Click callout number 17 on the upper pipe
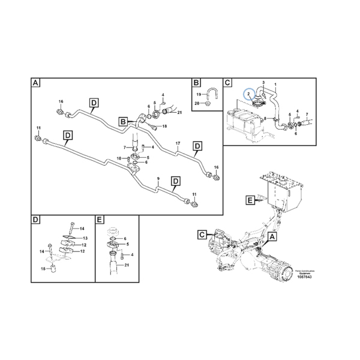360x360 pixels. coord(178,143)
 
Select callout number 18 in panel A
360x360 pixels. coord(164,127)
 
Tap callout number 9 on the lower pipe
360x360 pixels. coord(158,179)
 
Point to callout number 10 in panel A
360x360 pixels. coord(119,158)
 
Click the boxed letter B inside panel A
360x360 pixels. coord(122,121)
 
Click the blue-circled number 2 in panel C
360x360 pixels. coord(248,94)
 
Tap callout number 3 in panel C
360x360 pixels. coord(262,82)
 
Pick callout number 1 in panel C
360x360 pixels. coord(275,84)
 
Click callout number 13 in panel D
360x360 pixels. coord(85,238)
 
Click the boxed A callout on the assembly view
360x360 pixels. coord(273,238)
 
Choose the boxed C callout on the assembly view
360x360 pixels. coord(202,233)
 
